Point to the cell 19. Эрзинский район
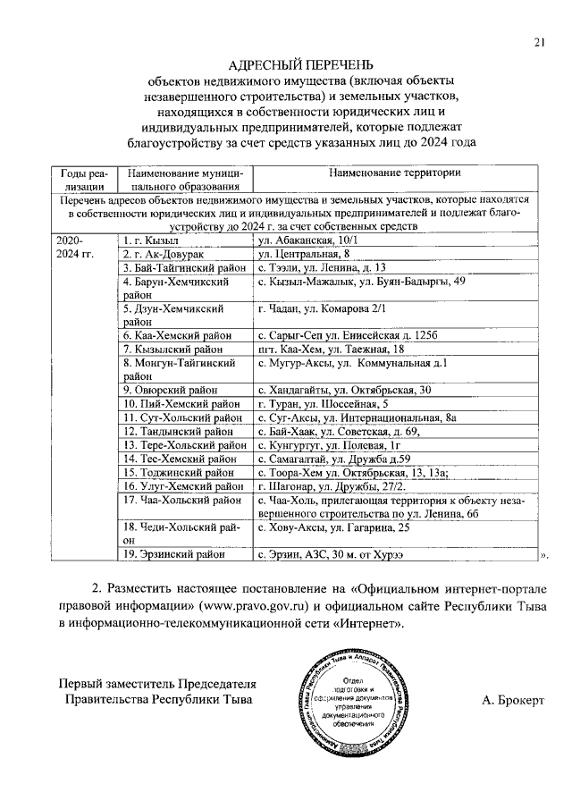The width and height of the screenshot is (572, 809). [x=174, y=554]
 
